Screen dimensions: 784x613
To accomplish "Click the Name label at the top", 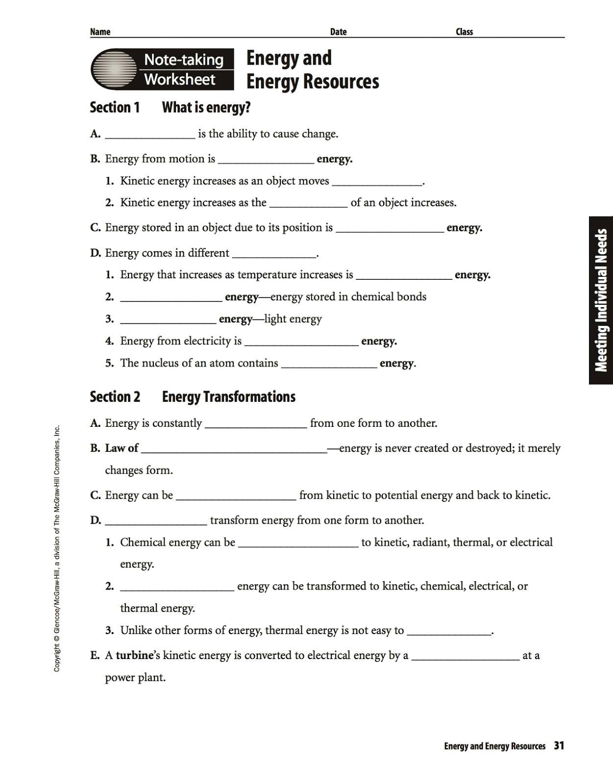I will pyautogui.click(x=100, y=32).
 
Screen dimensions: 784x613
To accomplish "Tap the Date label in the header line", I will pyautogui.click(x=338, y=32).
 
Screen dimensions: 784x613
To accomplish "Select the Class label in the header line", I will pyautogui.click(x=464, y=32).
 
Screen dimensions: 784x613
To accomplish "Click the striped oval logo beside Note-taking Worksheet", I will pyautogui.click(x=114, y=69).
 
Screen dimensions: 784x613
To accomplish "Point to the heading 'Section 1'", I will pyautogui.click(x=115, y=107).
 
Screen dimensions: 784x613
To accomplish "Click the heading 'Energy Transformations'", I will pyautogui.click(x=228, y=396).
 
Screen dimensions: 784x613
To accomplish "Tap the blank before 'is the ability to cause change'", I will pyautogui.click(x=150, y=135).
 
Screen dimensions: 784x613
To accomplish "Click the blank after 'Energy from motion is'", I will pyautogui.click(x=266, y=160).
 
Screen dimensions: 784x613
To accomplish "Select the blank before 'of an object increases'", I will pyautogui.click(x=308, y=204).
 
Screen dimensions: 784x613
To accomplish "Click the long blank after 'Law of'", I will pyautogui.click(x=234, y=449).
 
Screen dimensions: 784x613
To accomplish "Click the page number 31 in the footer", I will pyautogui.click(x=559, y=746).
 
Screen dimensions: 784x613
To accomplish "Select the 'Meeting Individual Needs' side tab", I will pyautogui.click(x=601, y=300).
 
